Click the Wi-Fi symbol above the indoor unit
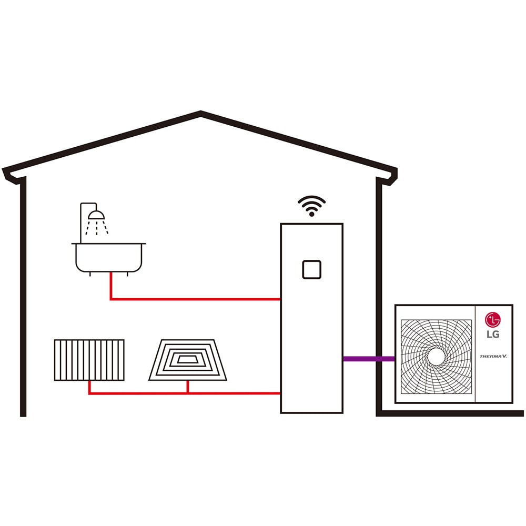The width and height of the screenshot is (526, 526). point(311,207)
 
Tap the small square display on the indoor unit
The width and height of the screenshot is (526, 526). point(311,269)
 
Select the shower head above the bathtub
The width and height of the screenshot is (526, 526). point(96,215)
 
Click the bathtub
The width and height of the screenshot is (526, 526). point(109,258)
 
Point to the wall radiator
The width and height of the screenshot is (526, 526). point(89,360)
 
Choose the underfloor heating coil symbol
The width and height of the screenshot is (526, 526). point(188,360)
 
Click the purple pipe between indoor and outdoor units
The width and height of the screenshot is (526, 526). point(369,359)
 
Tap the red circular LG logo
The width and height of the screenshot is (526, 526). point(493,319)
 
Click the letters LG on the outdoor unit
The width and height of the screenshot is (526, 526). point(493,335)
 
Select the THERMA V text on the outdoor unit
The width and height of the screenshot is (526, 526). point(493,356)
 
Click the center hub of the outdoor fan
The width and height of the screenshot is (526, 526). point(436,356)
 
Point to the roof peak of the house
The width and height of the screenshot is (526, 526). point(201,113)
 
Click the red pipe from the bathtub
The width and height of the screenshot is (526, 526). point(195,299)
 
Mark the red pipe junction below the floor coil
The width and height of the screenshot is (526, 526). point(188,392)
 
